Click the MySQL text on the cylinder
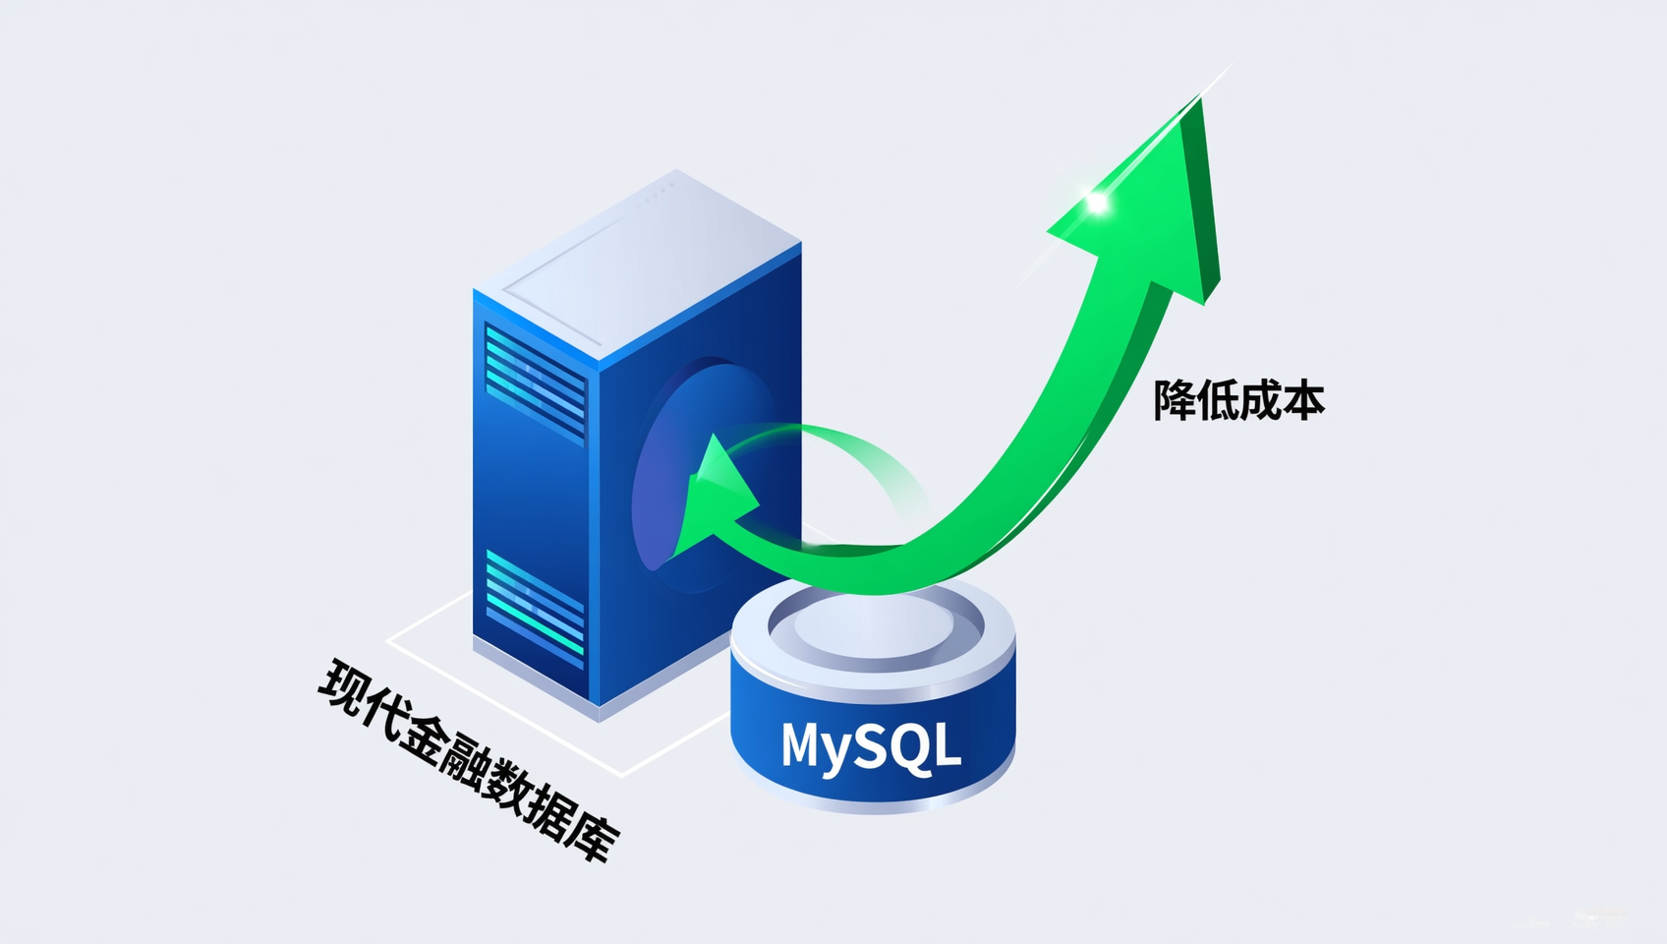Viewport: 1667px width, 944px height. coord(871,745)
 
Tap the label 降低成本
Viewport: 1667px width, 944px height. coord(1239,401)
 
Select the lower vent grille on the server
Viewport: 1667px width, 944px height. coord(535,607)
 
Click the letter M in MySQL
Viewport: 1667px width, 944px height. coord(803,743)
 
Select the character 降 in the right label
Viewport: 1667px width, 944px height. coord(1175,401)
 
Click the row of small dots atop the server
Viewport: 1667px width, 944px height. coord(655,193)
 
